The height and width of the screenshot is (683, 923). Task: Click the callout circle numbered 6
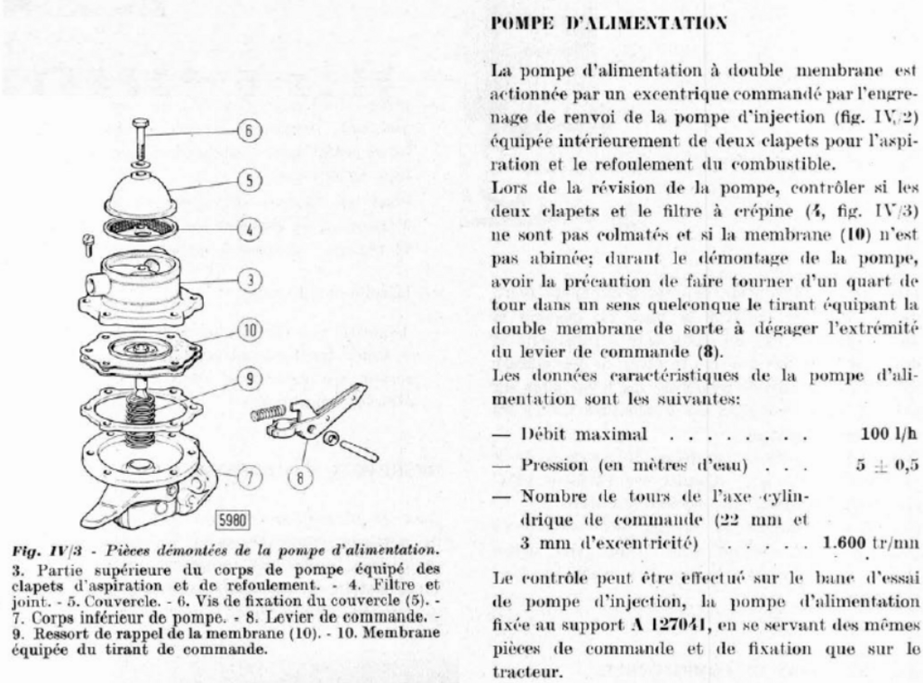click(x=247, y=132)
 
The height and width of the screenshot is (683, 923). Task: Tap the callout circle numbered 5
click(x=247, y=179)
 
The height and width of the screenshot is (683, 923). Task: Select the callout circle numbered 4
click(x=247, y=229)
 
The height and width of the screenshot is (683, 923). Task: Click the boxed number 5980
click(x=232, y=520)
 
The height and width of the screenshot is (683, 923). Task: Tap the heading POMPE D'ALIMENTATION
click(x=608, y=23)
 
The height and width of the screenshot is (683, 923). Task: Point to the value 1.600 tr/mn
click(x=871, y=542)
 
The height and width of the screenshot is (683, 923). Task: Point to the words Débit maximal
click(x=585, y=434)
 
